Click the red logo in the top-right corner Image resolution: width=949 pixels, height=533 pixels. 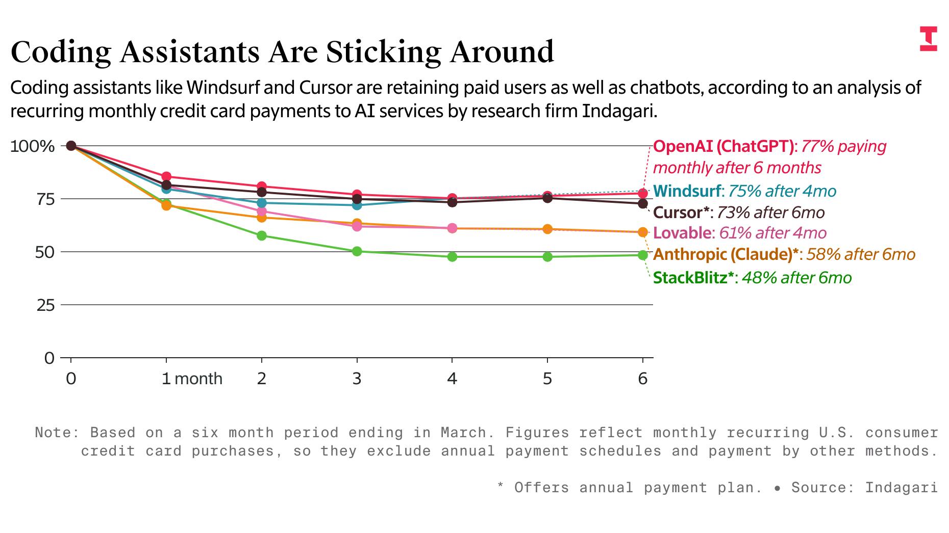point(928,39)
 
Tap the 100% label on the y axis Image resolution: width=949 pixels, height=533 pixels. point(32,147)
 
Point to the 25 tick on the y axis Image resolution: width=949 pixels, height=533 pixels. point(45,306)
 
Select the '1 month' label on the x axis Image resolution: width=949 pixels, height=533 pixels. point(192,379)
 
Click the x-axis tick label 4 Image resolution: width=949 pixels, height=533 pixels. point(452,379)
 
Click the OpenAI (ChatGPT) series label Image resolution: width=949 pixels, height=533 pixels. point(723,147)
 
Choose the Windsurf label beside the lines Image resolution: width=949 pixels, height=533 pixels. point(687,191)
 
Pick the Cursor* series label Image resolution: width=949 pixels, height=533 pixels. point(681,212)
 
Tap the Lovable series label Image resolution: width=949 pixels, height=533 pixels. point(682,233)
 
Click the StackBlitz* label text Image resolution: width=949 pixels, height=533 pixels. point(693,278)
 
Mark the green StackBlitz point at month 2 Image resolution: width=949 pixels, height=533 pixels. point(262,235)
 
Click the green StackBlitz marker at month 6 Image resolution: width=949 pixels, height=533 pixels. point(643,255)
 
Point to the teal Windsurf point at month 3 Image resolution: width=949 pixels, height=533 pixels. point(357,205)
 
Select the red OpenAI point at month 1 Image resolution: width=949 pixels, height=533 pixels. point(166,177)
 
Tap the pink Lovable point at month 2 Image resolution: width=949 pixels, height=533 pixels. point(262,211)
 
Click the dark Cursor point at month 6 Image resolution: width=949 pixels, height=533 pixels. point(643,204)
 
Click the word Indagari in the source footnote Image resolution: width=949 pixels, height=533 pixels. point(901,488)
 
